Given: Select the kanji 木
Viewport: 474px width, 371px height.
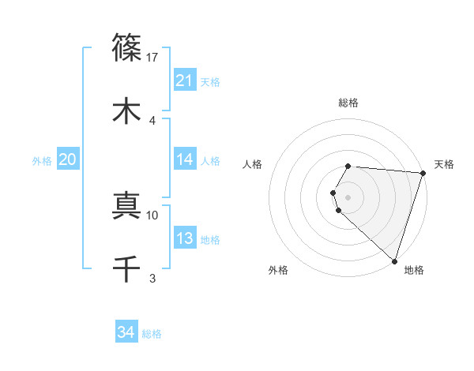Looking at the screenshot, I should pyautogui.click(x=126, y=110).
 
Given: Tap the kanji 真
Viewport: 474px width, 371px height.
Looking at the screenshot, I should pyautogui.click(x=126, y=204).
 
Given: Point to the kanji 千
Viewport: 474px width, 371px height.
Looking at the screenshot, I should pyautogui.click(x=126, y=268).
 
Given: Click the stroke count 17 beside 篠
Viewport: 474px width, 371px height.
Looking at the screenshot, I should pyautogui.click(x=152, y=57).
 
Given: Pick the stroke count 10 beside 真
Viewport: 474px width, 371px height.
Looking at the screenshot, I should pyautogui.click(x=152, y=215).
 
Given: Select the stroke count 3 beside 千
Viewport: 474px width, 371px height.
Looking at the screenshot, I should pyautogui.click(x=152, y=278).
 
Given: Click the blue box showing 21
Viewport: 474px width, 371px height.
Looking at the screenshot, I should pyautogui.click(x=185, y=81).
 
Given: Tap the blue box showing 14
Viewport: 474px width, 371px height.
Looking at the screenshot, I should pyautogui.click(x=185, y=159).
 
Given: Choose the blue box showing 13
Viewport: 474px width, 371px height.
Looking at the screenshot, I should pyautogui.click(x=185, y=238).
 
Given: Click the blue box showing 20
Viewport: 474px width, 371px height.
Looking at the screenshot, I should pyautogui.click(x=67, y=159).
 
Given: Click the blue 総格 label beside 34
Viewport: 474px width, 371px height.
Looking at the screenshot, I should pyautogui.click(x=152, y=334).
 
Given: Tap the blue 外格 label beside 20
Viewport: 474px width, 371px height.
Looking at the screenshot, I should pyautogui.click(x=42, y=161).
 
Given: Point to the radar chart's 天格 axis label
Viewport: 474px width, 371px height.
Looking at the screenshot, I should pyautogui.click(x=444, y=164).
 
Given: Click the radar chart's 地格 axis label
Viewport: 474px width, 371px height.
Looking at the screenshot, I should pyautogui.click(x=414, y=270).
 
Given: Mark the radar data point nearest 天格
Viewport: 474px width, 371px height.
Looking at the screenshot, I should pyautogui.click(x=423, y=173).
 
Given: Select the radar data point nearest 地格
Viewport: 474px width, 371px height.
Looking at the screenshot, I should pyautogui.click(x=394, y=260).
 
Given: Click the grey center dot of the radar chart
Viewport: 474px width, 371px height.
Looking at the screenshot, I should pyautogui.click(x=348, y=197).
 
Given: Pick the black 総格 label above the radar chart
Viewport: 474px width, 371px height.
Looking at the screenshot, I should pyautogui.click(x=348, y=103).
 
